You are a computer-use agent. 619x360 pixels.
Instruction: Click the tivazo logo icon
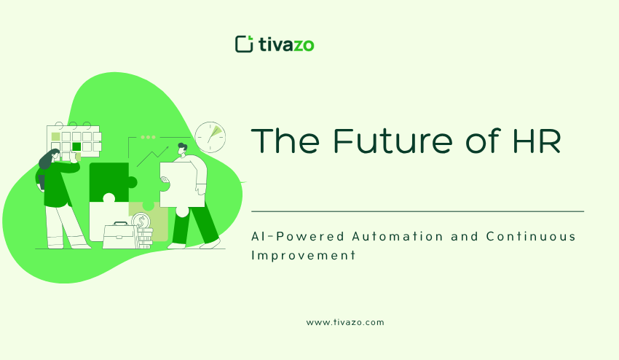(244, 44)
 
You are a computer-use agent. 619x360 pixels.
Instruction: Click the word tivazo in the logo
(287, 44)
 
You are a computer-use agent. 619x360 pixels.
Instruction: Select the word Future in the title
(393, 141)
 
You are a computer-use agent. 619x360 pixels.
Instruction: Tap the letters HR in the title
(537, 141)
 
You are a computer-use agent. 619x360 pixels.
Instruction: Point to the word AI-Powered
(298, 237)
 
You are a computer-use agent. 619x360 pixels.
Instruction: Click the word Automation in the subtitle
(398, 236)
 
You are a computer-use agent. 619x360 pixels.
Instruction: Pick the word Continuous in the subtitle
(531, 236)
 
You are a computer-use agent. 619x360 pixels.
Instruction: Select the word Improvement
(304, 255)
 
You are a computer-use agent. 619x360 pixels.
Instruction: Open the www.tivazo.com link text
(345, 322)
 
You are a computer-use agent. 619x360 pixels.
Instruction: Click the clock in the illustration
(210, 137)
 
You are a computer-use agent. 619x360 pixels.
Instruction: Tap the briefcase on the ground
(119, 235)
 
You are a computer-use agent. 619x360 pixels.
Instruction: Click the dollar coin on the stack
(139, 221)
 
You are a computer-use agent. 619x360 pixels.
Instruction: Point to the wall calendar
(74, 141)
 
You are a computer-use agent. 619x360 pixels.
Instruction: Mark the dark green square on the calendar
(76, 146)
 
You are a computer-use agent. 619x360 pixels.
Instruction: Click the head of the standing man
(182, 149)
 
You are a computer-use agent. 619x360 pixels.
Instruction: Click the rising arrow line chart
(152, 157)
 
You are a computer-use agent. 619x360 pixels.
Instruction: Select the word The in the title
(285, 141)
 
